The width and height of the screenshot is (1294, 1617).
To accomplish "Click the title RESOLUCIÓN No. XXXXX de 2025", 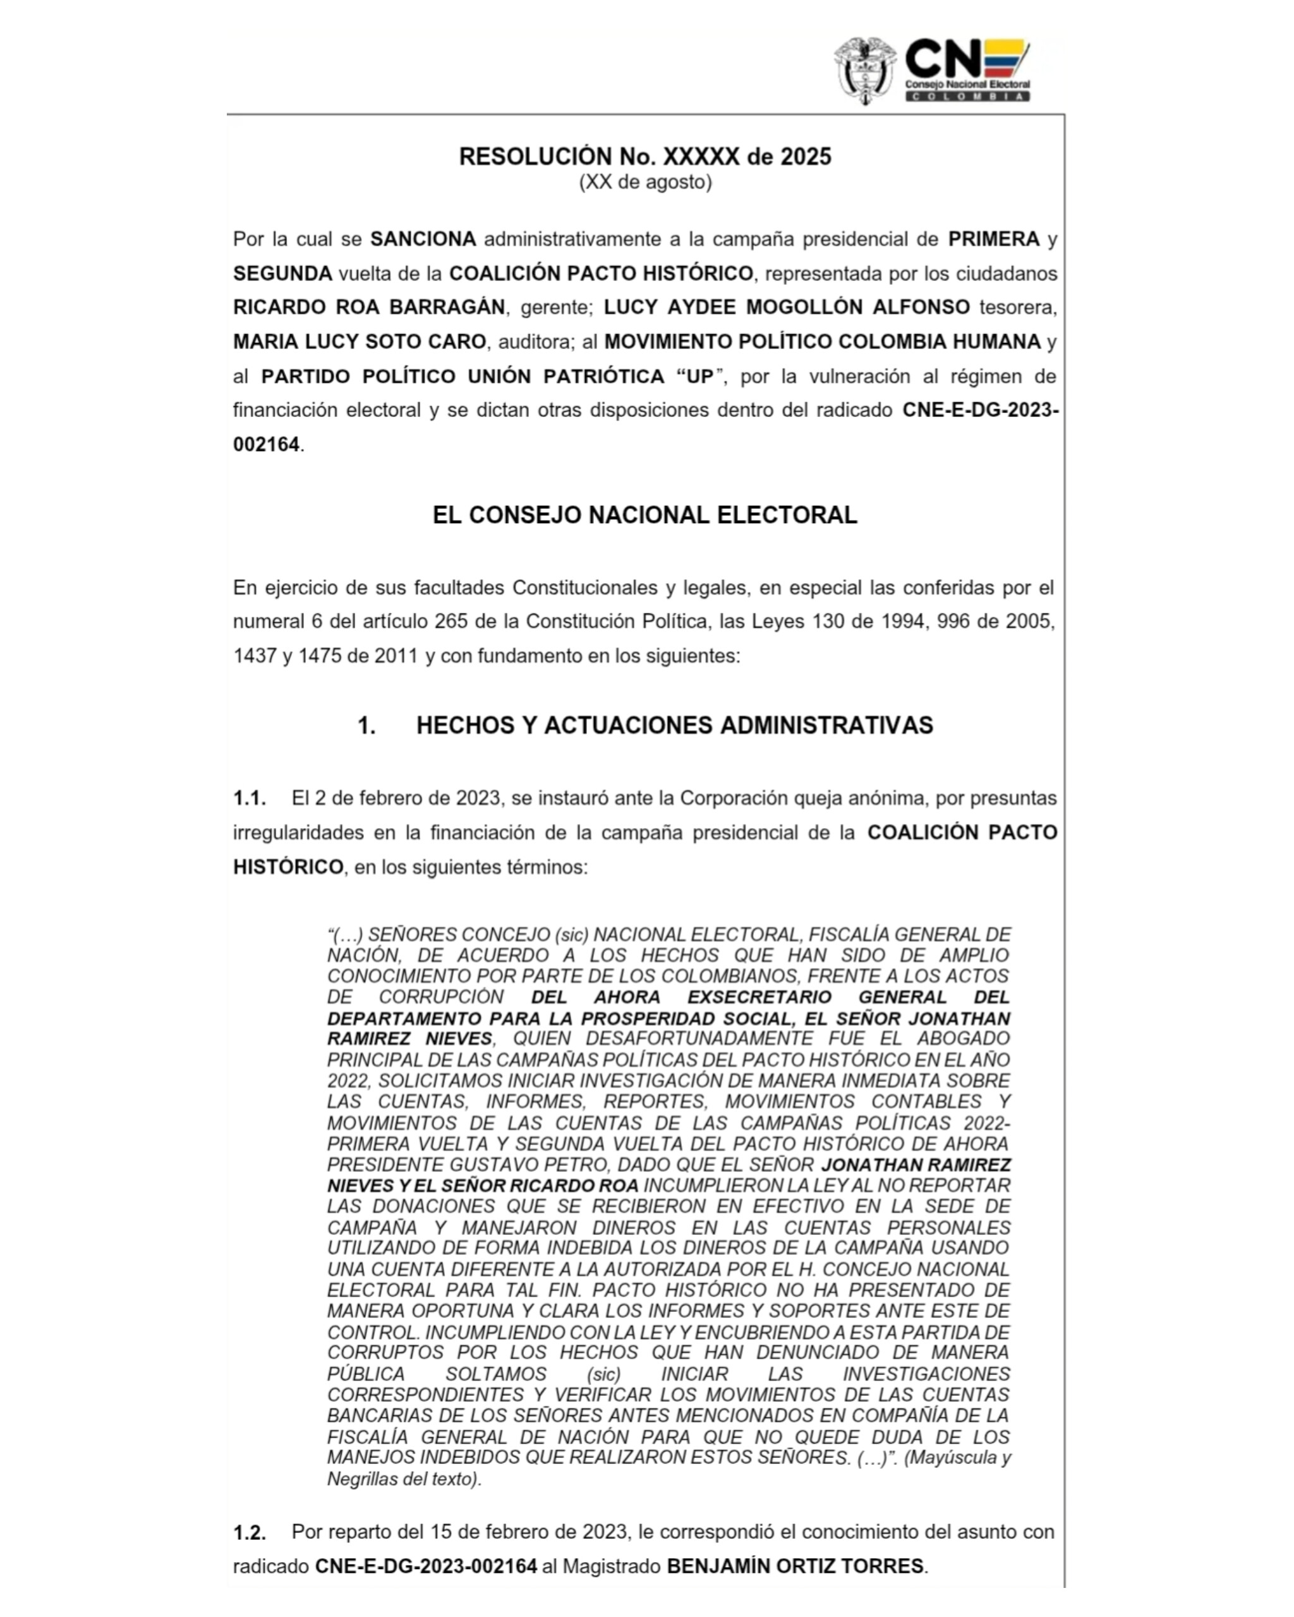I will pyautogui.click(x=645, y=157).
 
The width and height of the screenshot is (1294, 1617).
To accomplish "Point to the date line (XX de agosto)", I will pyautogui.click(x=645, y=183).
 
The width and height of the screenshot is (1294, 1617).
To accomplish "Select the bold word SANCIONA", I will pyautogui.click(x=423, y=239).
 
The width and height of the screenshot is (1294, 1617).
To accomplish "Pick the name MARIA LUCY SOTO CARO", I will pyautogui.click(x=360, y=342).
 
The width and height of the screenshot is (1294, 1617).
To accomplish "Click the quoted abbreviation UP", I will pyautogui.click(x=700, y=376).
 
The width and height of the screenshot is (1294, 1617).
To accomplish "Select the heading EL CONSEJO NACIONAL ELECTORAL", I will pyautogui.click(x=644, y=515).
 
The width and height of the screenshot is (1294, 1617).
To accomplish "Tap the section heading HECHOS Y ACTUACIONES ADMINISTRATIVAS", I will pyautogui.click(x=674, y=726).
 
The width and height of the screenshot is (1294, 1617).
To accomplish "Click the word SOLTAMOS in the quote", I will pyautogui.click(x=496, y=1374).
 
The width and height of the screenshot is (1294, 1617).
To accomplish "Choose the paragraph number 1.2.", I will pyautogui.click(x=249, y=1533).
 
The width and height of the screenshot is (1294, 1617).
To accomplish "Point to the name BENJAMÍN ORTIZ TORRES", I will pyautogui.click(x=795, y=1566).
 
